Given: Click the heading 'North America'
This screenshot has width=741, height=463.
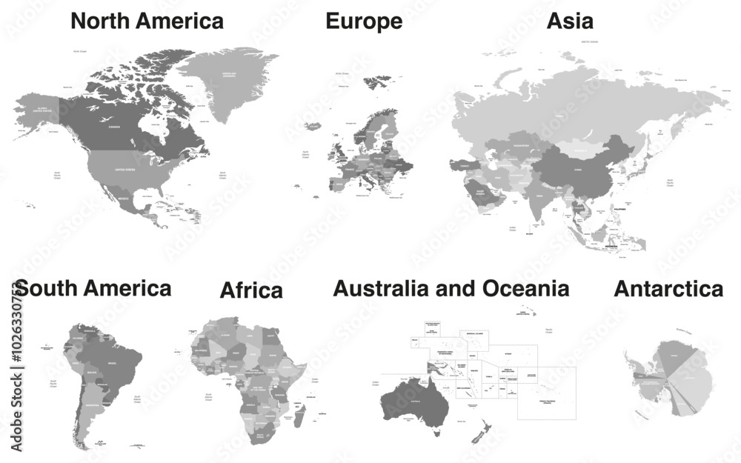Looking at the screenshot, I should coord(147,21).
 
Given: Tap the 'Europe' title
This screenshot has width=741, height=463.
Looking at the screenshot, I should coord(364,21).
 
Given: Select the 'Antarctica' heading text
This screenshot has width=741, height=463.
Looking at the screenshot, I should coord(668,289).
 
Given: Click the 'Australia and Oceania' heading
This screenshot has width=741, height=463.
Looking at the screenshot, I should coord(451,288).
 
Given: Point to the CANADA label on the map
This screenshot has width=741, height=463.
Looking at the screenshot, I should coord(114,127).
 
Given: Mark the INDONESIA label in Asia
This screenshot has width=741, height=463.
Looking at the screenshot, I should coord(612,245).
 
